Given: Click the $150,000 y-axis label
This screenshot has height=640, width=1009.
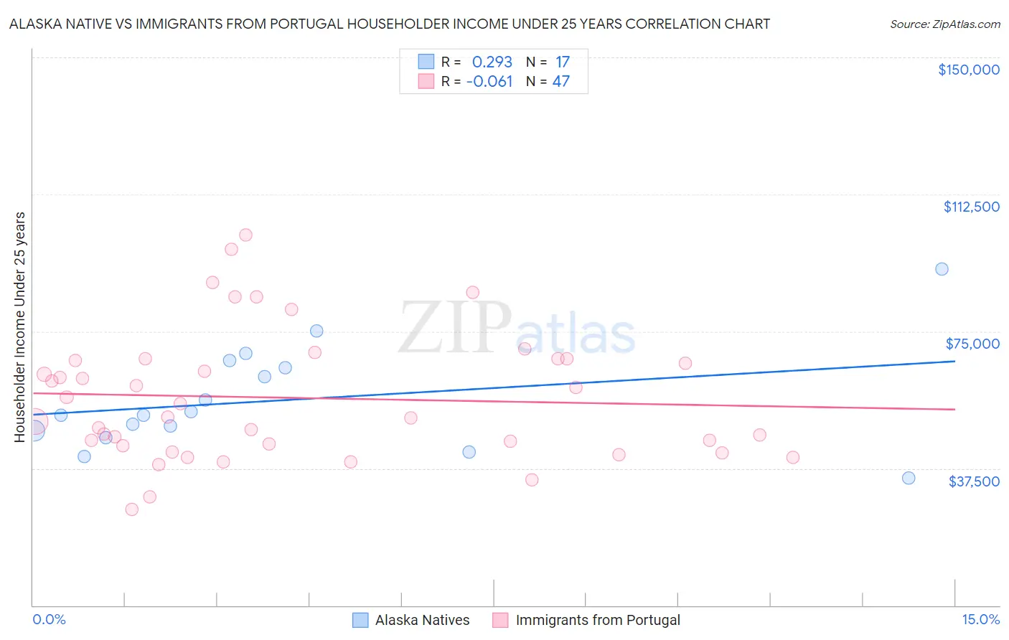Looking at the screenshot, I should (968, 70).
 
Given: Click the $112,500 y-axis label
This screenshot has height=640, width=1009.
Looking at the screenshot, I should (971, 207).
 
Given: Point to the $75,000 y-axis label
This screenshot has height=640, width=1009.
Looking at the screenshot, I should (972, 344).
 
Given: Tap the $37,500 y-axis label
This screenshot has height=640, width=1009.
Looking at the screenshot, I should (974, 481).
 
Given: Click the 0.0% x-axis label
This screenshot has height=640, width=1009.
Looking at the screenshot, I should (49, 619).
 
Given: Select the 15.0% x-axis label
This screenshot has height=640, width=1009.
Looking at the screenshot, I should (980, 619).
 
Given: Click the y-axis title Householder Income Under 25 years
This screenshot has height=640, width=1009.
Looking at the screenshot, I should (20, 326).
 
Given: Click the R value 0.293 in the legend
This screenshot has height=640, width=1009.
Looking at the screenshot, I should (492, 62).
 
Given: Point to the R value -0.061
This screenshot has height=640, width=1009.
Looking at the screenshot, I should (489, 82).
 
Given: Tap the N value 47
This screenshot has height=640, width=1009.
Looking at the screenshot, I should (561, 82).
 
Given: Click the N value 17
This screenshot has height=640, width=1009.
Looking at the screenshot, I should (562, 62).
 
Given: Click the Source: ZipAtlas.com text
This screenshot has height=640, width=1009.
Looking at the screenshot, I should (944, 24).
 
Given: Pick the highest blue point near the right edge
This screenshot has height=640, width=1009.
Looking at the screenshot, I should (942, 269).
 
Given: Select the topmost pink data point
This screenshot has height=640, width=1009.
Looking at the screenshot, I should (245, 235).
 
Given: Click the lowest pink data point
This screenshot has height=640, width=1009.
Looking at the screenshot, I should (132, 509).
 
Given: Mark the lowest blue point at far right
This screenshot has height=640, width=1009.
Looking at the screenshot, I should (909, 478).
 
